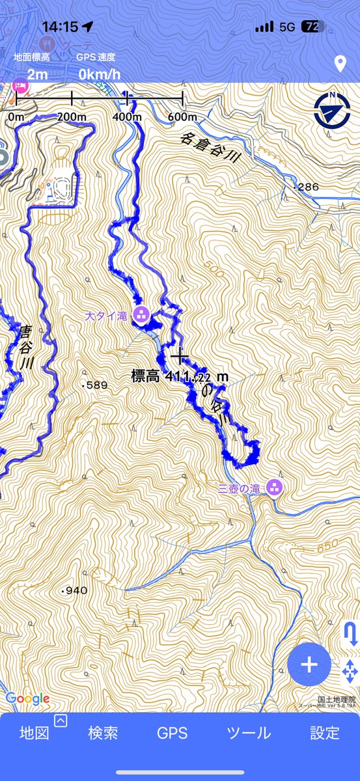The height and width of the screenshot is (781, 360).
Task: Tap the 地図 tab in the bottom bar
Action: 35,733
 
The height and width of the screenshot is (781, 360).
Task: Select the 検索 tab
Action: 103,733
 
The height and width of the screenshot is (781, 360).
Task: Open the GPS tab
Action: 173,733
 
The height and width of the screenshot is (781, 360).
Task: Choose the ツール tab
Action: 249,733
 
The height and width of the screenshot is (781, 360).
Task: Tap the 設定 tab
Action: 324,733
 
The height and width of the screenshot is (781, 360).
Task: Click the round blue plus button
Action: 309,665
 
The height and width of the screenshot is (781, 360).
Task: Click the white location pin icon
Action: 339,64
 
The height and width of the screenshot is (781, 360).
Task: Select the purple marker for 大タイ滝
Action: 140,316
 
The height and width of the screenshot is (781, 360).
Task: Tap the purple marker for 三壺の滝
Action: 275,487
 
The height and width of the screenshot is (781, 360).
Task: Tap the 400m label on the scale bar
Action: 126,117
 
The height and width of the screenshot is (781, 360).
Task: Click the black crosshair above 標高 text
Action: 178,355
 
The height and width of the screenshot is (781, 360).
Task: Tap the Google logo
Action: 27,699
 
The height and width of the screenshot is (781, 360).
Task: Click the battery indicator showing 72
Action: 311,27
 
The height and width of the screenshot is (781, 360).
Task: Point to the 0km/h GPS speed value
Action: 100,74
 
